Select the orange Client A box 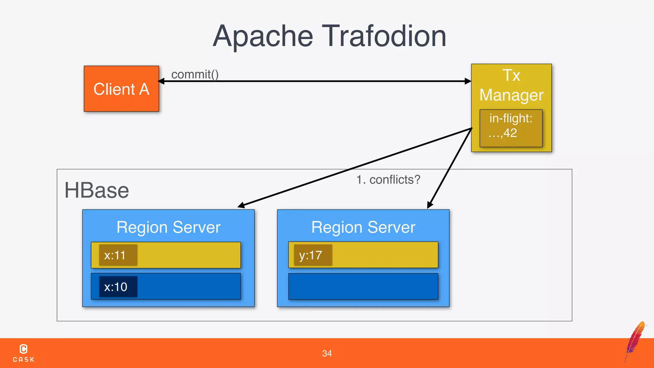(121, 89)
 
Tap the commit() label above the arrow (195, 74)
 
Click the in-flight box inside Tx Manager (511, 128)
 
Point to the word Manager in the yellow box (511, 95)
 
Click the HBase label (96, 190)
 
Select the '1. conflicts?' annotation (388, 180)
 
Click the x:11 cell (118, 255)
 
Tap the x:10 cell (118, 287)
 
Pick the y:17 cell (313, 255)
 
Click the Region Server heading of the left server (168, 227)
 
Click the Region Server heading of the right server (363, 227)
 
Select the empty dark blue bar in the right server (363, 287)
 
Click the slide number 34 (327, 353)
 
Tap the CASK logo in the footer (23, 353)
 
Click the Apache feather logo (635, 341)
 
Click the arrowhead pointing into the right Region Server (430, 205)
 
